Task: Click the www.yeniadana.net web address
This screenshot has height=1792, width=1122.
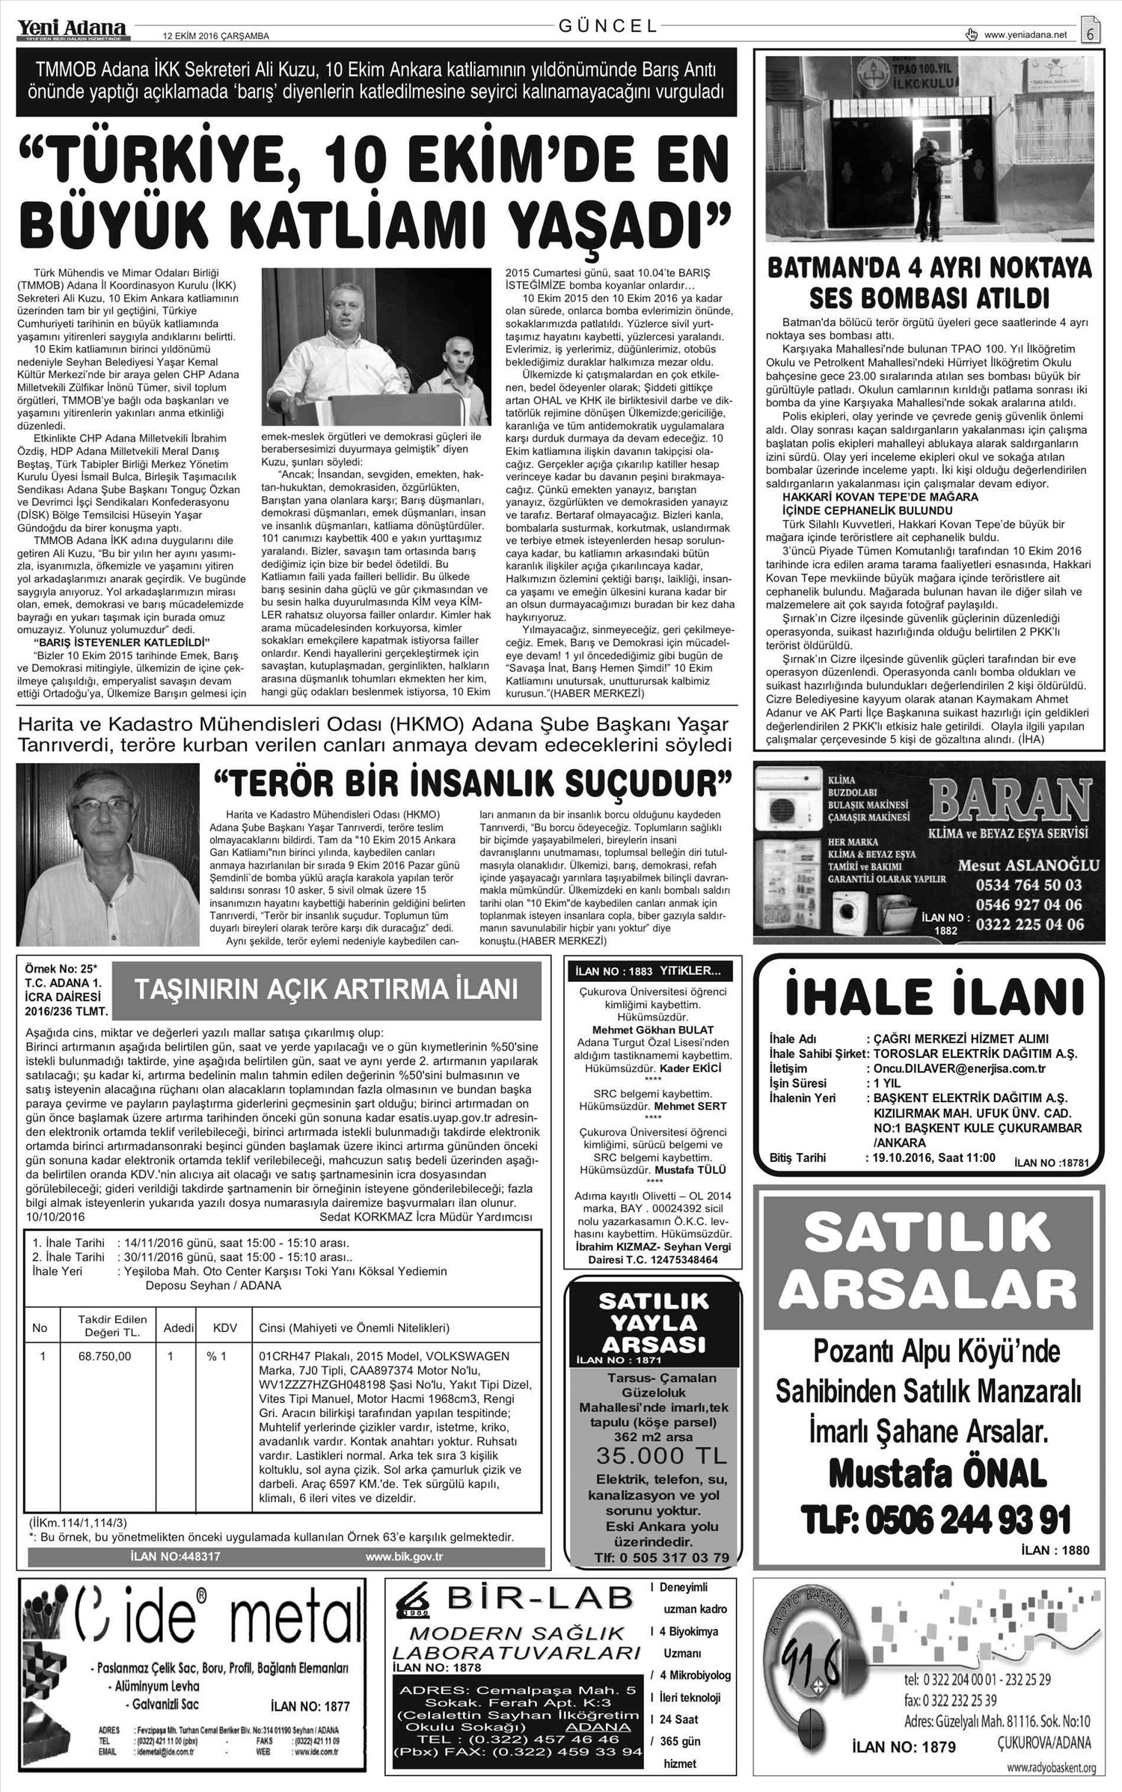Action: click(1026, 34)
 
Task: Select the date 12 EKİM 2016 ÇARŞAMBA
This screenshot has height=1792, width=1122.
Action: click(216, 35)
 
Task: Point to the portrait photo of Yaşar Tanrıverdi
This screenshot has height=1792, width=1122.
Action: click(108, 853)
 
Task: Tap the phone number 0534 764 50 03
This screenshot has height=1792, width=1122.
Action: click(1028, 885)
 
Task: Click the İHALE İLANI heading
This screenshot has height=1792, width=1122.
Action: click(934, 996)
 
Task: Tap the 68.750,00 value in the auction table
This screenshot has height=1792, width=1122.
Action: click(105, 1356)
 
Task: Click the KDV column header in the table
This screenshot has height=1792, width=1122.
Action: click(225, 1327)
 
